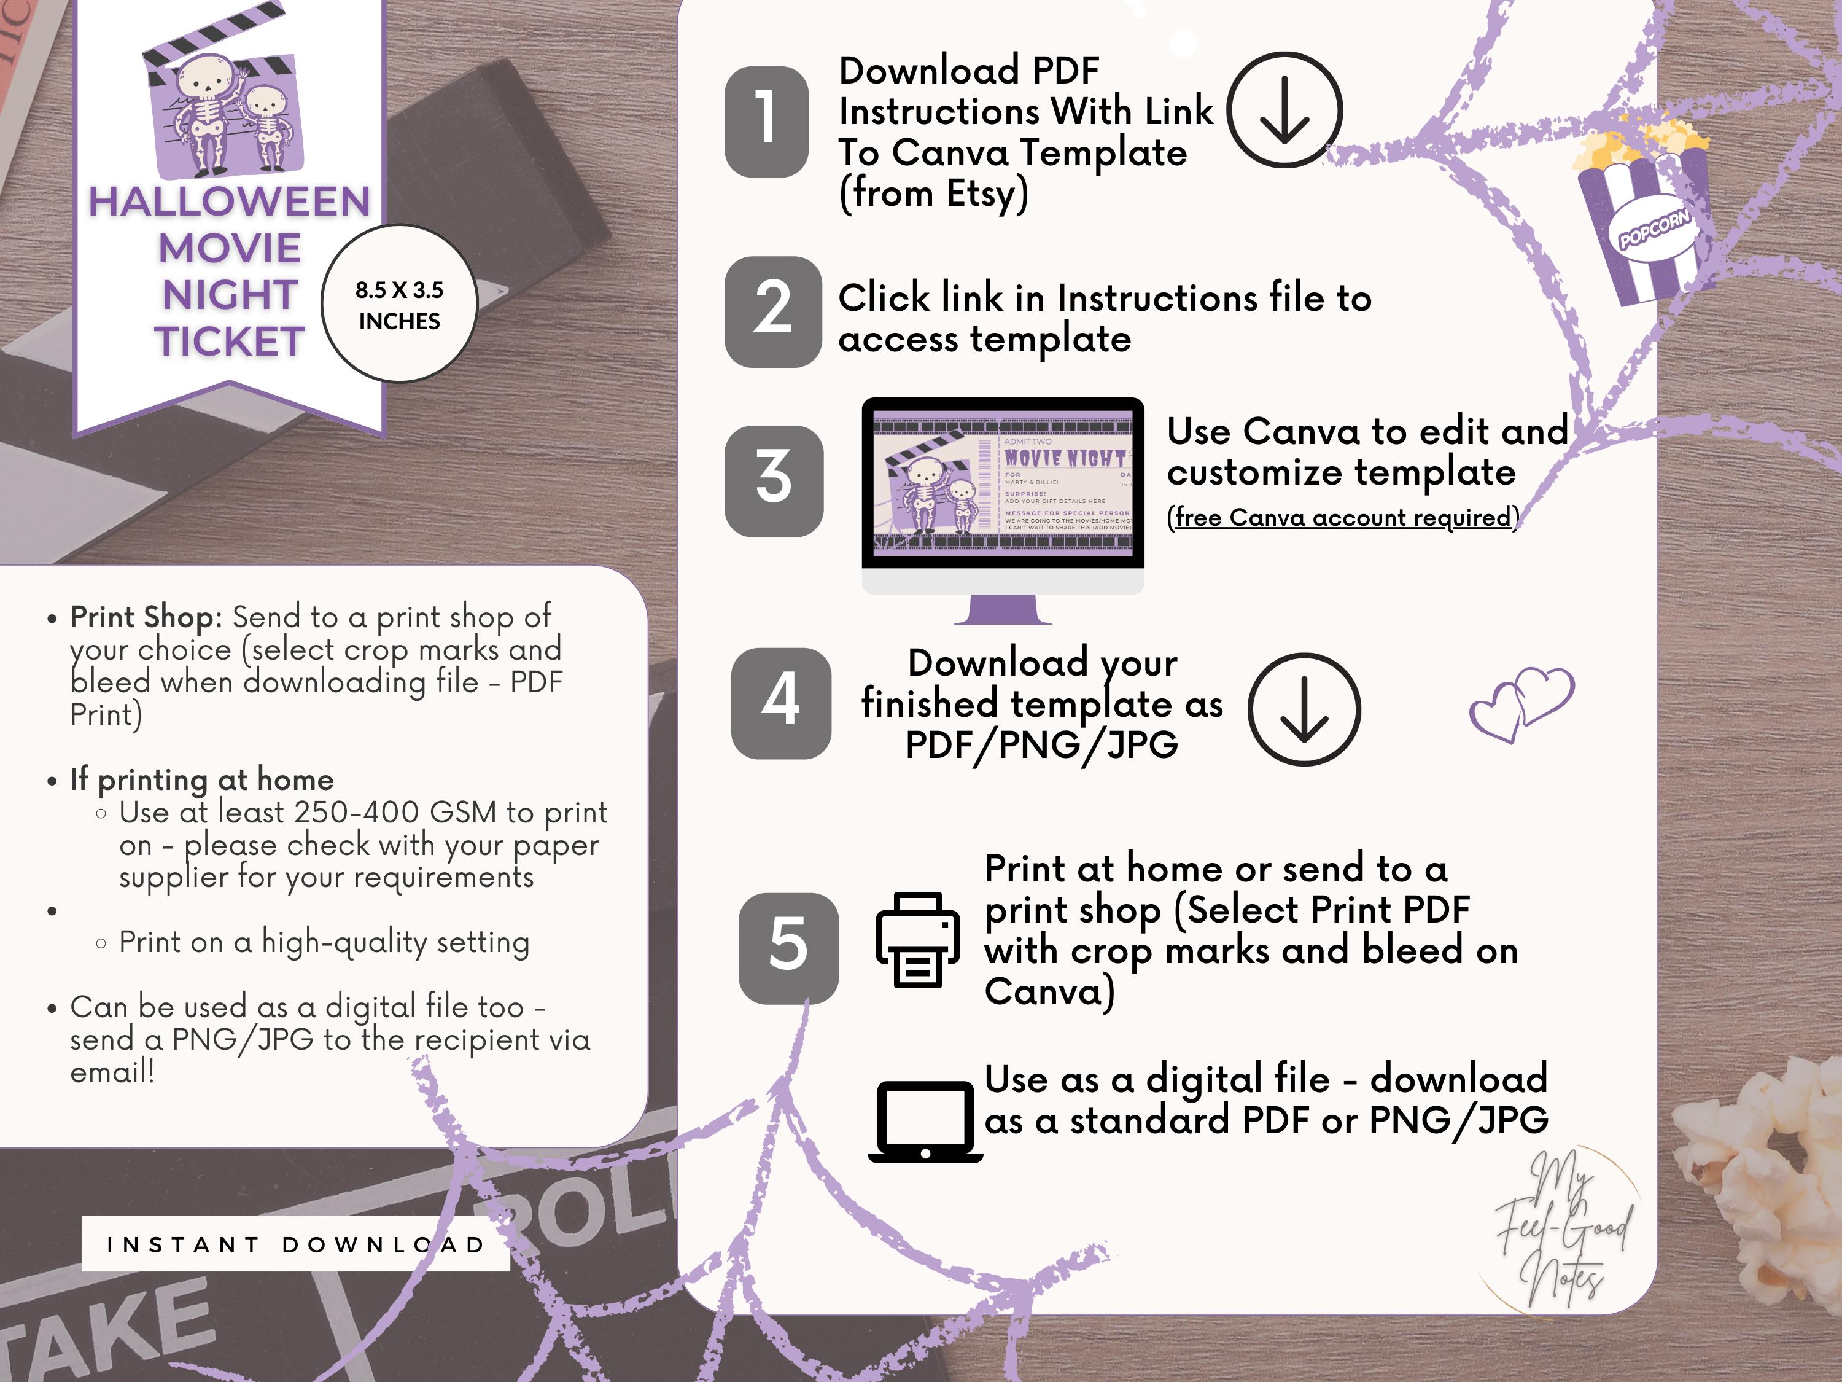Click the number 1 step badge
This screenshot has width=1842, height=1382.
tap(766, 122)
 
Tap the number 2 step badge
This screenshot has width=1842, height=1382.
tap(773, 311)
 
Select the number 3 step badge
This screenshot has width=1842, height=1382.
tap(774, 481)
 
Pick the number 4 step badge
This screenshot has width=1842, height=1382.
tap(780, 703)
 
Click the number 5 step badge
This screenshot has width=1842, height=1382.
tap(788, 948)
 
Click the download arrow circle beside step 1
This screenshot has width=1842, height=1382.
tap(1283, 110)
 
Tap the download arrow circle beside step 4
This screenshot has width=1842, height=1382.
tap(1304, 709)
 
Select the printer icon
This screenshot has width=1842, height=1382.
tap(917, 940)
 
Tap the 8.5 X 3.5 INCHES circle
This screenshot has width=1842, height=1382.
tap(399, 305)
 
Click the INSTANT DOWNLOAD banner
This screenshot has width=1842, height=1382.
tap(295, 1244)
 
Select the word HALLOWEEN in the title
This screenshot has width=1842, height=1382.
tap(229, 203)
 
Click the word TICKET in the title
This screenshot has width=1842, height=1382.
tap(229, 342)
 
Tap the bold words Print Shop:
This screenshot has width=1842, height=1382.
tap(146, 617)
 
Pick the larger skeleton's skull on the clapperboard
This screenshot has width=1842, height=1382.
tap(203, 79)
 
